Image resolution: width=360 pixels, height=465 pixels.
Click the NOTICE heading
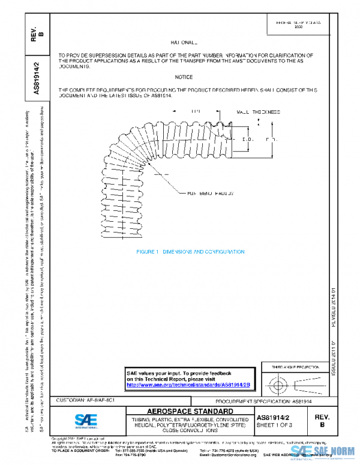click(x=184, y=77)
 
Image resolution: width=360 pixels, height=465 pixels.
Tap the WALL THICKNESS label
click(x=258, y=112)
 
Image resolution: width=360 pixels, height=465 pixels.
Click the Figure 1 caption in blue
click(x=190, y=252)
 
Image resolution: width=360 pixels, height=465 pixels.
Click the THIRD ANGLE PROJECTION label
click(x=293, y=366)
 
